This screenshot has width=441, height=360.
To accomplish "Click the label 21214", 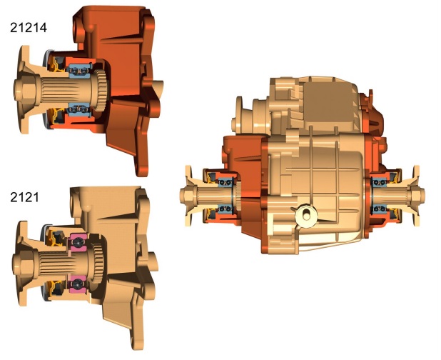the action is [x=29, y=28].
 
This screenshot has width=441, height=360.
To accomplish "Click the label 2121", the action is [x=24, y=197].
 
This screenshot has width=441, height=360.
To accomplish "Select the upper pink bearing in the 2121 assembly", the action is [x=78, y=242].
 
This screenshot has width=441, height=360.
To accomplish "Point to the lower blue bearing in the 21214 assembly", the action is [x=80, y=109].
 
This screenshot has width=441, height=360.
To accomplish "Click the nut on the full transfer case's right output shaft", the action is [x=416, y=195].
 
